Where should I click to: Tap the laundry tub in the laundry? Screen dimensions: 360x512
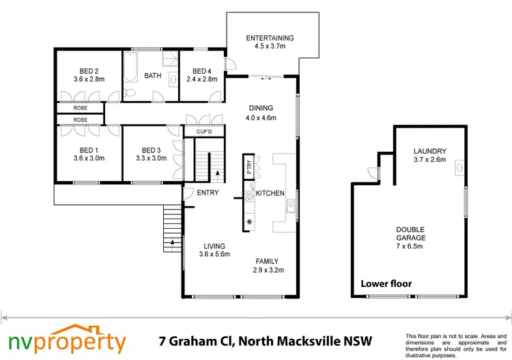click(461, 166)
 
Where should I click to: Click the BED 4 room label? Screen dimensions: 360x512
click(203, 71)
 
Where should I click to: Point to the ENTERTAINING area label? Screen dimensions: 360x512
click(270, 38)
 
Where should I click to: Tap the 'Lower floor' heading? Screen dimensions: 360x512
click(387, 283)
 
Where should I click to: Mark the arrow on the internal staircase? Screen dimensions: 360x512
click(217, 174)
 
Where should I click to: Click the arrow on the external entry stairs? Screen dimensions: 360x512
click(172, 242)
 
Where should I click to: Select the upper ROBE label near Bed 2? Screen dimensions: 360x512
click(81, 107)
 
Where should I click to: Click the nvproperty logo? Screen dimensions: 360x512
click(66, 340)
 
